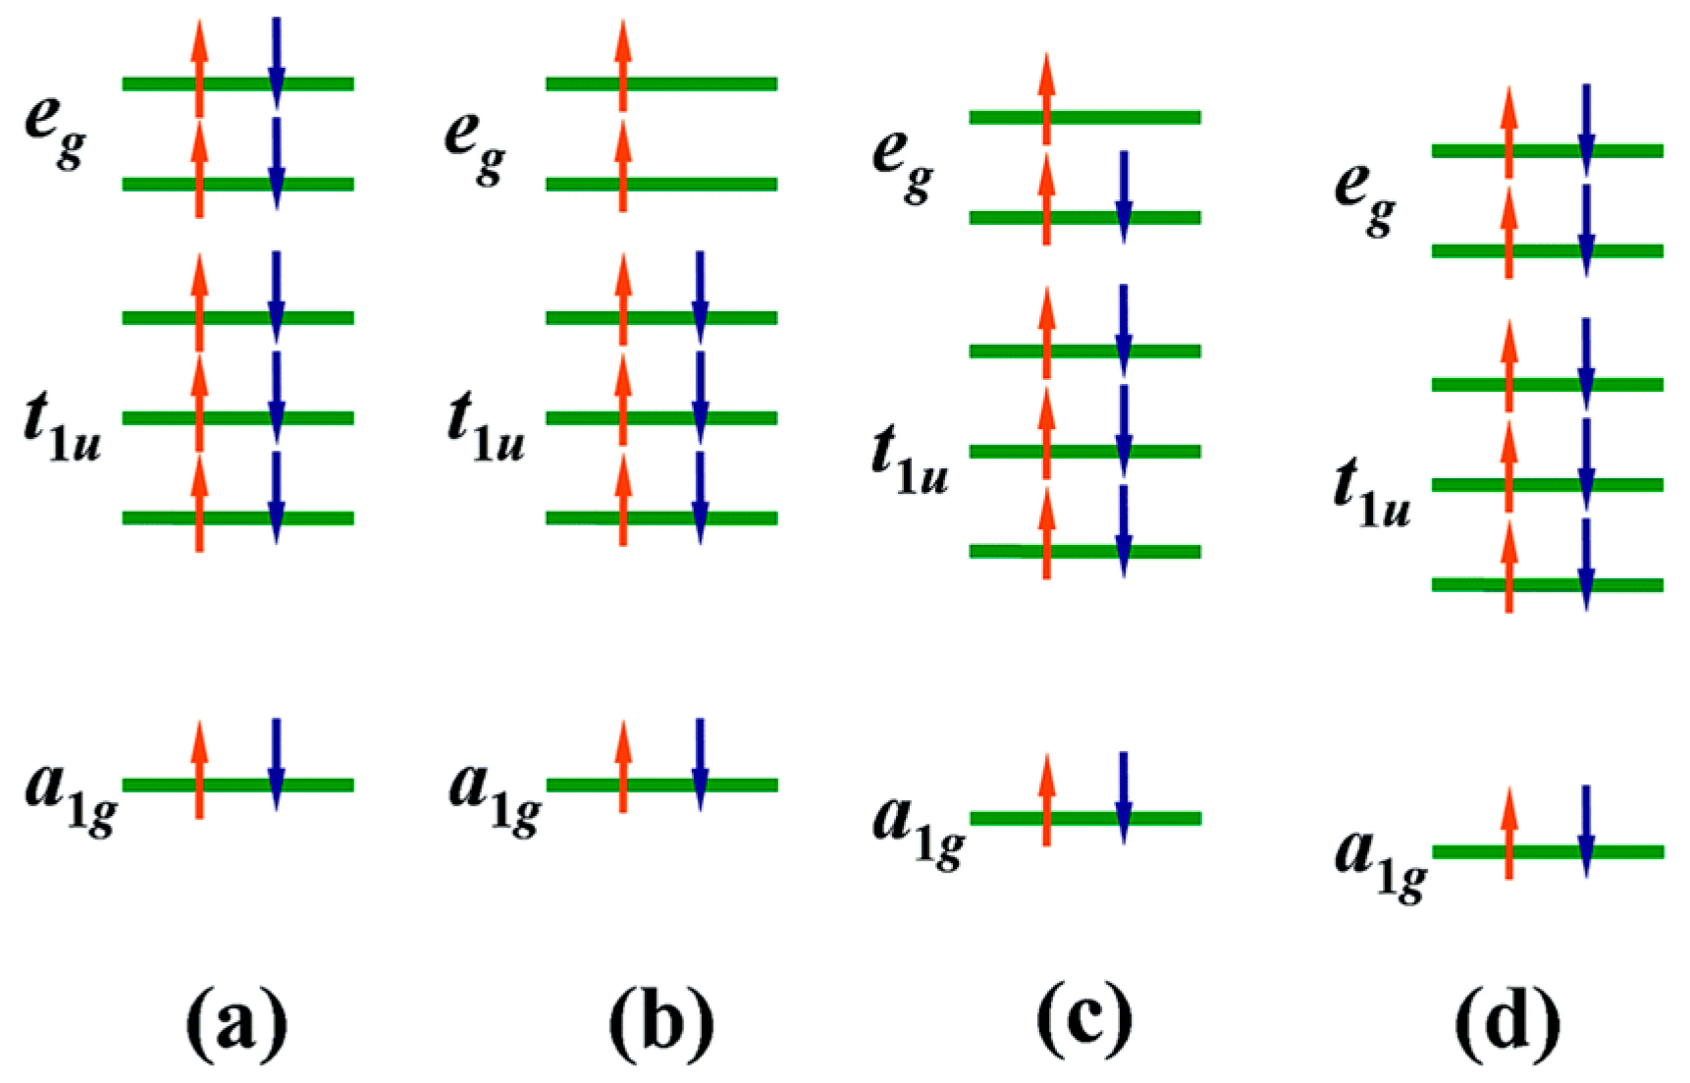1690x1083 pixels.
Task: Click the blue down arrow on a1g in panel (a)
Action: pyautogui.click(x=277, y=764)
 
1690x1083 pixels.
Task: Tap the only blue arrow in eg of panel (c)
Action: pyautogui.click(x=1124, y=196)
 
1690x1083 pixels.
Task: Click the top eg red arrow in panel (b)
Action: pyautogui.click(x=623, y=65)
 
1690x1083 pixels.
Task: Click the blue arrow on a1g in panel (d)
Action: pyautogui.click(x=1586, y=831)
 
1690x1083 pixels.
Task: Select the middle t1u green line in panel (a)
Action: pyautogui.click(x=238, y=417)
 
